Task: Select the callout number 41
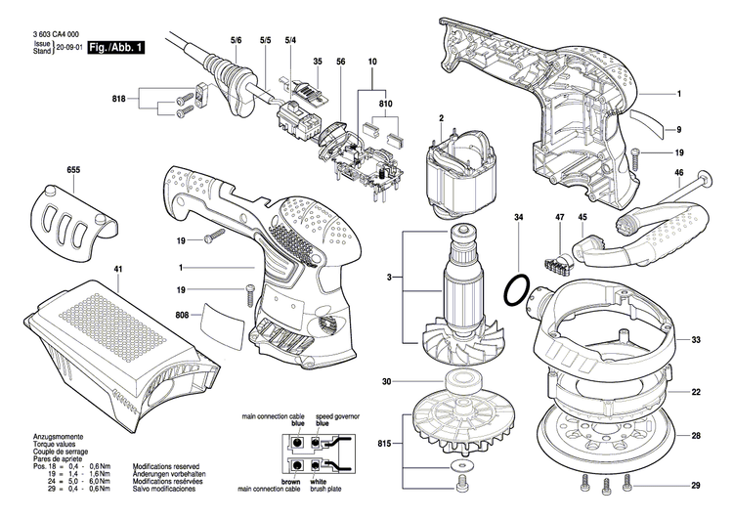(x=36, y=269)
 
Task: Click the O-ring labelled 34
(x=517, y=288)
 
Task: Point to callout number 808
(x=181, y=315)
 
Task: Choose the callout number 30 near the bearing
(x=387, y=380)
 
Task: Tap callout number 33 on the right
(x=697, y=340)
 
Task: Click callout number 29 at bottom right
(x=697, y=486)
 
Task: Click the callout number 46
(x=677, y=172)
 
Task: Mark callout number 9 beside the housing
(x=677, y=129)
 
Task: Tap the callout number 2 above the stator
(x=441, y=118)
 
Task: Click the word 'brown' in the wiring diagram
(x=291, y=482)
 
